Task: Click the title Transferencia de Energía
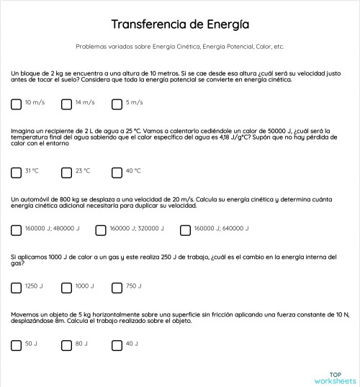[180, 24]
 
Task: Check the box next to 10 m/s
[17, 104]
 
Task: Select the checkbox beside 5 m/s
[117, 104]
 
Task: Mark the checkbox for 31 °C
[17, 172]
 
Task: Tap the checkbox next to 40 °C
[117, 172]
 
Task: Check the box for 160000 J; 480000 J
[17, 230]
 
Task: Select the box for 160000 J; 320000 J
[101, 230]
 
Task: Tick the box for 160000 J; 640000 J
[185, 230]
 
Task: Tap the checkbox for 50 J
[17, 345]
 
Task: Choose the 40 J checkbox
[117, 345]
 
